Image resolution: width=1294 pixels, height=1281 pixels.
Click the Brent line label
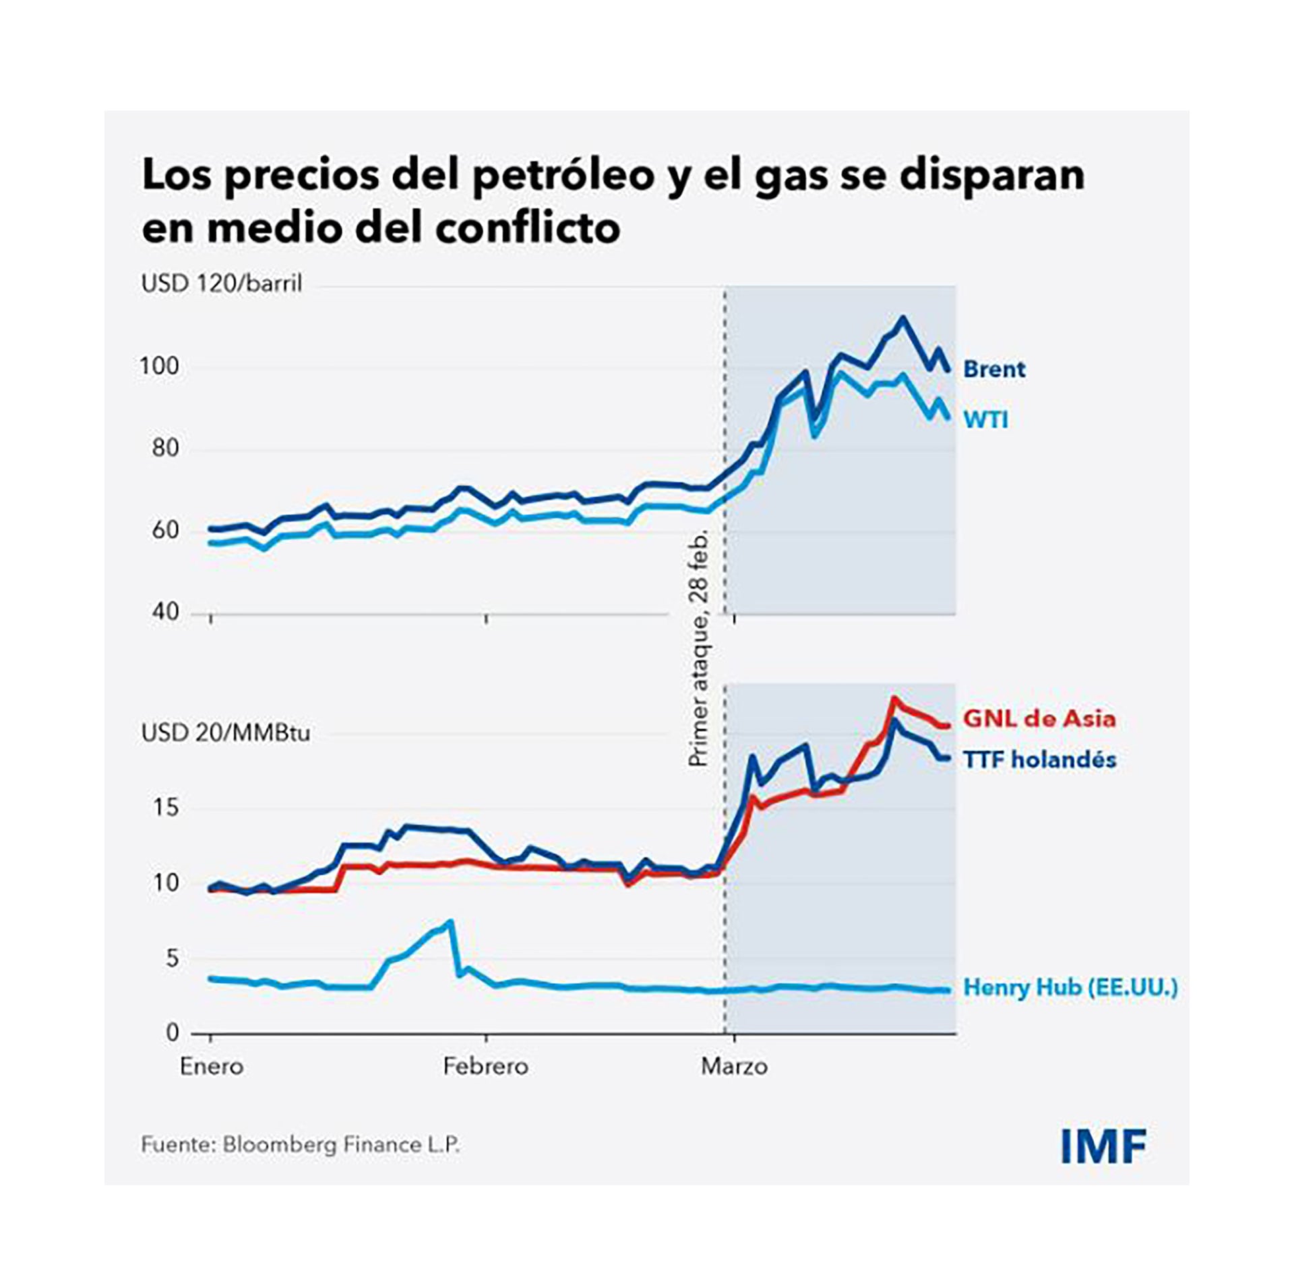pyautogui.click(x=994, y=369)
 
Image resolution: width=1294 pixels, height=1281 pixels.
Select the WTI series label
pyautogui.click(x=986, y=420)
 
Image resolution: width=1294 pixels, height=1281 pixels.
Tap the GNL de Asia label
pyautogui.click(x=1039, y=718)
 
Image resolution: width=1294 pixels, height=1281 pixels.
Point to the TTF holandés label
pyautogui.click(x=1039, y=759)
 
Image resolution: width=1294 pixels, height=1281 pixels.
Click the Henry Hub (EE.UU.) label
pyautogui.click(x=1070, y=987)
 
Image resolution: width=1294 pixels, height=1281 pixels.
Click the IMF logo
pyautogui.click(x=1103, y=1146)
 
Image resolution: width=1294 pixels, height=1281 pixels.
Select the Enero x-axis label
pyautogui.click(x=212, y=1067)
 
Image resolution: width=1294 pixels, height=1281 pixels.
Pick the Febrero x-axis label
pyautogui.click(x=485, y=1067)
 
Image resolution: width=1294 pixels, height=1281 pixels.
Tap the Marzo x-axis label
pyautogui.click(x=734, y=1067)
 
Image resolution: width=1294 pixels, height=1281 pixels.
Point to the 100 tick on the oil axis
pyautogui.click(x=160, y=367)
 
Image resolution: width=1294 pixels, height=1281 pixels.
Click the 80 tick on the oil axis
pyautogui.click(x=165, y=448)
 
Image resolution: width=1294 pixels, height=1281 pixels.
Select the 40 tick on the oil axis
pyautogui.click(x=165, y=612)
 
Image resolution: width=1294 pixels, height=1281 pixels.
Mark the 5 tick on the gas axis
pyautogui.click(x=172, y=958)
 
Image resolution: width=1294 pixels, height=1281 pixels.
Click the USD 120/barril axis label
pyautogui.click(x=222, y=284)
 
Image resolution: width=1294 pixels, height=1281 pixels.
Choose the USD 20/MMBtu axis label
pyautogui.click(x=226, y=732)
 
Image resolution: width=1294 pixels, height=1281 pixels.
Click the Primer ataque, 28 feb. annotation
pyautogui.click(x=700, y=648)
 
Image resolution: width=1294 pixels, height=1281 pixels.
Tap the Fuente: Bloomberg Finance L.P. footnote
pyautogui.click(x=301, y=1145)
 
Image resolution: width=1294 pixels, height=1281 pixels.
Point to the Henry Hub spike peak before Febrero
pyautogui.click(x=450, y=922)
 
